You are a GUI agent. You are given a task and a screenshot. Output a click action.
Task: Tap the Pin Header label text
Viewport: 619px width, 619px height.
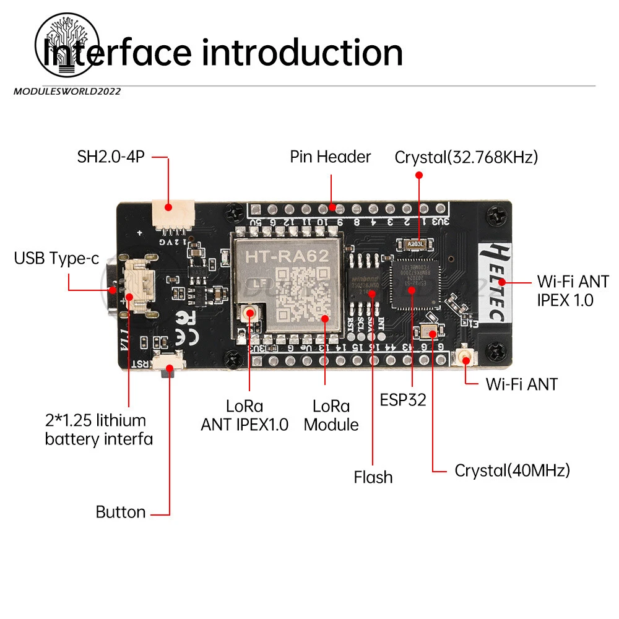[x=331, y=157]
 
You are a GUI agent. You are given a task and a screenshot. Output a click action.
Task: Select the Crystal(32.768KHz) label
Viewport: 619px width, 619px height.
[x=466, y=157]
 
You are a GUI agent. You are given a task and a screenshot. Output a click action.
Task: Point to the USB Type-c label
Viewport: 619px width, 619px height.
[x=56, y=258]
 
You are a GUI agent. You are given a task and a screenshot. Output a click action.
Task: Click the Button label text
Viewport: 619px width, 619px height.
[x=121, y=513]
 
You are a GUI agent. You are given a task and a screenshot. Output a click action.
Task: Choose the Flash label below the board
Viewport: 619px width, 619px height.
[x=373, y=477]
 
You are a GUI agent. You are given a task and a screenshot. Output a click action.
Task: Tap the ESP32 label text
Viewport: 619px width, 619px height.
[x=403, y=400]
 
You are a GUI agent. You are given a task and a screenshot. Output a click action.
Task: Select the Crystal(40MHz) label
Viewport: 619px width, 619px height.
[x=512, y=470]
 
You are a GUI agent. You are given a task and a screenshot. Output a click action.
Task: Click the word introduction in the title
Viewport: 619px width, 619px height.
[x=303, y=53]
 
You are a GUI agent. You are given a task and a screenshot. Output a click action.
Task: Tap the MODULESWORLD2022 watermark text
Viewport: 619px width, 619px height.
[x=67, y=92]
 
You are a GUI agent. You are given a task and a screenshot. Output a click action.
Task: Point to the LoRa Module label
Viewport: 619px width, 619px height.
[x=331, y=415]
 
